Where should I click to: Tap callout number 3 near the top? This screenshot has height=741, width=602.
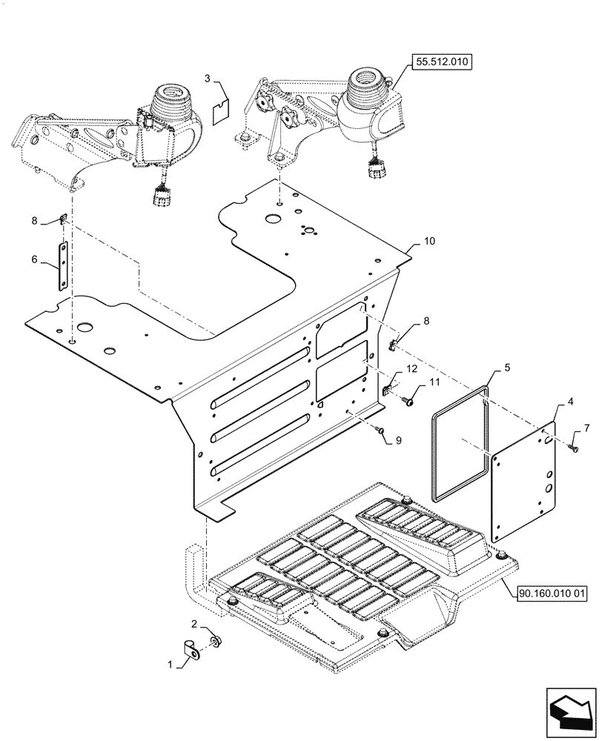(x=208, y=78)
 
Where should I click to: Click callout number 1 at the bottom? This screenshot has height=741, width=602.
(x=170, y=665)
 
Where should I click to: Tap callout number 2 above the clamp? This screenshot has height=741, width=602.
(x=194, y=624)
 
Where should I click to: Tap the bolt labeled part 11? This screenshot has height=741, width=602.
(x=407, y=401)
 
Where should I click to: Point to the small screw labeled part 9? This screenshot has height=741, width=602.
(x=379, y=429)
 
